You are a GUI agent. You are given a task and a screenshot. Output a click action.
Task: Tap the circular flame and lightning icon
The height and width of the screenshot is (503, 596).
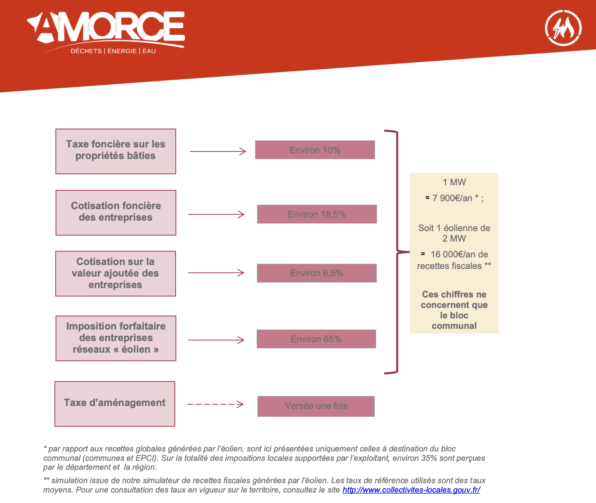563,28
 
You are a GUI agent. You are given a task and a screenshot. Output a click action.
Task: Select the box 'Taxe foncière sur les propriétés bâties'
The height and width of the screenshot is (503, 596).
116,151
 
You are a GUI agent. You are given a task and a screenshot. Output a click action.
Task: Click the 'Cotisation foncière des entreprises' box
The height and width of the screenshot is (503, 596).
116,213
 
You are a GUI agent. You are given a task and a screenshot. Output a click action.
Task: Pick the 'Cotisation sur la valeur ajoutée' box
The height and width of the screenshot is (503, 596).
115,274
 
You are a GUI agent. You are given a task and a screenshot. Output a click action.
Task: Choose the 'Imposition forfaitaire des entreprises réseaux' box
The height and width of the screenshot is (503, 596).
116,338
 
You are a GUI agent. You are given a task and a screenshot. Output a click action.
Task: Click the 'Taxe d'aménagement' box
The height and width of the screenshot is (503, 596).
115,404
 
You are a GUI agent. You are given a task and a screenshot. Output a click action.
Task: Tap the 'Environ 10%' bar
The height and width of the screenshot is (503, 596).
315,150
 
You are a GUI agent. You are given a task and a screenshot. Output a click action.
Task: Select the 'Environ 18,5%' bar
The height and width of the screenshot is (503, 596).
317,214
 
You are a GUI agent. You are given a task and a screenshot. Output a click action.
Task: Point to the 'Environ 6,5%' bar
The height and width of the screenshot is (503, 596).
317,273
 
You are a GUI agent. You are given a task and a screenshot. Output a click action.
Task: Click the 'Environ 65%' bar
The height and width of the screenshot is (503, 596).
316,339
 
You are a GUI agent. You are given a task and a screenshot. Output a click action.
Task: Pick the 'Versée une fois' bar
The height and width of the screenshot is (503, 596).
316,406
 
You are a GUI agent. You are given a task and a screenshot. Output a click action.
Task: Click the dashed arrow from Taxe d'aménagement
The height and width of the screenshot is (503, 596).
215,405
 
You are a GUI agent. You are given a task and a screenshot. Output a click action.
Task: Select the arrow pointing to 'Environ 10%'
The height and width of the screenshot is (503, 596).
218,151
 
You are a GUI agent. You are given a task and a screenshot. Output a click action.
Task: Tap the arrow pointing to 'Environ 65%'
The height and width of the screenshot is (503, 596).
216,340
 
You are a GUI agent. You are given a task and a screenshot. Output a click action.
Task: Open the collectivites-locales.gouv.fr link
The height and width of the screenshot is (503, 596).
411,490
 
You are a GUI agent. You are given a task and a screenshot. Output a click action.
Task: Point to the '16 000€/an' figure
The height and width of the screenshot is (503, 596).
454,254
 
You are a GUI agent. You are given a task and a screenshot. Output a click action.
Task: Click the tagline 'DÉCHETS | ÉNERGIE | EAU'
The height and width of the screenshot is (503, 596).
113,51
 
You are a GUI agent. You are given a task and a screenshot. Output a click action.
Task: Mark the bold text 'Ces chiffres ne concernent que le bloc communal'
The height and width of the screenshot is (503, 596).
454,310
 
